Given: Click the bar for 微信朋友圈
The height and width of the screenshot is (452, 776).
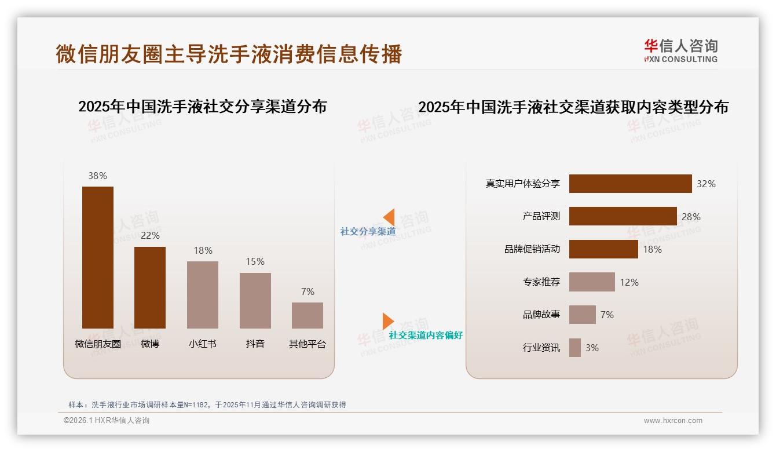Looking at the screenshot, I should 98,257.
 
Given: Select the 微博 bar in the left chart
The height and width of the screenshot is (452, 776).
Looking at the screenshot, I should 150,287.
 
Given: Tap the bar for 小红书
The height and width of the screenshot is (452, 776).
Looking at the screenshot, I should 203,294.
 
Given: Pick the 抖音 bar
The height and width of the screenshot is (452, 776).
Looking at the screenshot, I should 255,300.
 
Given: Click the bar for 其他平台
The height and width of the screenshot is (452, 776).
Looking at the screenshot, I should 308,315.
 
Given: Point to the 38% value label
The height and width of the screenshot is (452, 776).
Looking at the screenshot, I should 98,176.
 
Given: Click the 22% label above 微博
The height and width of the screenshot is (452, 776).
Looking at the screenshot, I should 150,235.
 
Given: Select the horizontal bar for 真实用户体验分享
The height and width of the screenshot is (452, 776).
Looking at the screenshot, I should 630,184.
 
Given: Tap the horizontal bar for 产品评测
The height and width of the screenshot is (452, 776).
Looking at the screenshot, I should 623,216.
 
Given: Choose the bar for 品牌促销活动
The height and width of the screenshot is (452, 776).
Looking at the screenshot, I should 603,249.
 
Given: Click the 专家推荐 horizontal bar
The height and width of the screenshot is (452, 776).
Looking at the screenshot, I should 592,282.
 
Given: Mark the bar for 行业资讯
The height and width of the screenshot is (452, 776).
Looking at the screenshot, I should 575,348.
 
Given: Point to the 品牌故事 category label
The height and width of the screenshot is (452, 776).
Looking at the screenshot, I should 541,315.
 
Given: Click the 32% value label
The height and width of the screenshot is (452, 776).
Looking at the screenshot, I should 706,184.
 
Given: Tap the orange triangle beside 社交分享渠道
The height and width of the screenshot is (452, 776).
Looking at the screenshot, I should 389,217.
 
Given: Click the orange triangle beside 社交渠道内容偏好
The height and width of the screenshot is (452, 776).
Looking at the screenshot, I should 387,321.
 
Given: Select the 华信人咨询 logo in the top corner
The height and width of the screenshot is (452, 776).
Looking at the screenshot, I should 680,51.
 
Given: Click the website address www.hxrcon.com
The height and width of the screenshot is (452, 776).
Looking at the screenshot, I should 673,421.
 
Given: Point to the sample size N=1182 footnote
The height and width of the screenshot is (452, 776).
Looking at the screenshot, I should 207,404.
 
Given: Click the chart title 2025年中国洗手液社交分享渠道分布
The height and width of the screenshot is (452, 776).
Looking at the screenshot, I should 203,107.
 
